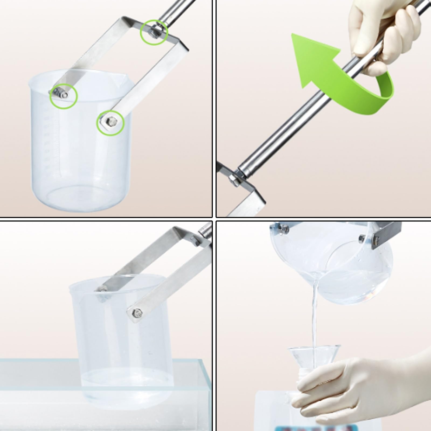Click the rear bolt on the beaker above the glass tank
pyautogui.click(x=102, y=290)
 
